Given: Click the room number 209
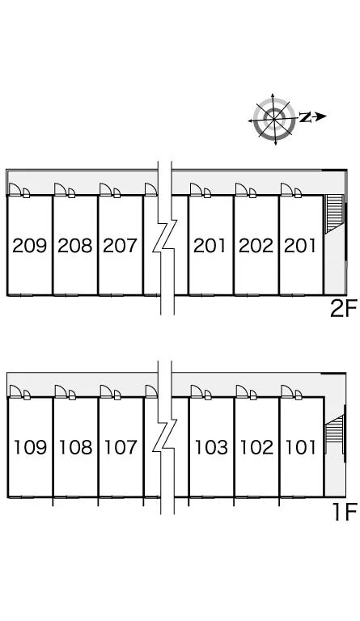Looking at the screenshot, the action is [x=30, y=246].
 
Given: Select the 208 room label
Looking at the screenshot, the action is [x=75, y=246].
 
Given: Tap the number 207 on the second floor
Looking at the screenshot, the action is [x=120, y=246].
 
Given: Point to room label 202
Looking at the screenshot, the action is [x=256, y=246].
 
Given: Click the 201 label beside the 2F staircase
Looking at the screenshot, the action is [x=300, y=246].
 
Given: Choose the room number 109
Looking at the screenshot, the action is [x=30, y=447].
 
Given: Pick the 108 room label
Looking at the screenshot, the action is [x=75, y=447].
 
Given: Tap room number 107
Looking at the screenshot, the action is [x=121, y=447].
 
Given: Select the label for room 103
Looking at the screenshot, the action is [x=211, y=447].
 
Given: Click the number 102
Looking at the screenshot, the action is [x=256, y=447].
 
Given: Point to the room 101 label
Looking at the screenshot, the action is [x=301, y=447].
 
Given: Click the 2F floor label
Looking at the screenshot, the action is [x=344, y=309].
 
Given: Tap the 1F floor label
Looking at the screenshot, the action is [x=345, y=512].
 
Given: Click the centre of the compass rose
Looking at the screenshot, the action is [x=274, y=119].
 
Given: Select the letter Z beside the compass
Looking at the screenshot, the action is [x=304, y=116].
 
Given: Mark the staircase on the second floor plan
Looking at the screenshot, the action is [x=334, y=213].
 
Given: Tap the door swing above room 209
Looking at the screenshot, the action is [x=15, y=190].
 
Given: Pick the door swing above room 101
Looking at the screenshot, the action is [x=287, y=391].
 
